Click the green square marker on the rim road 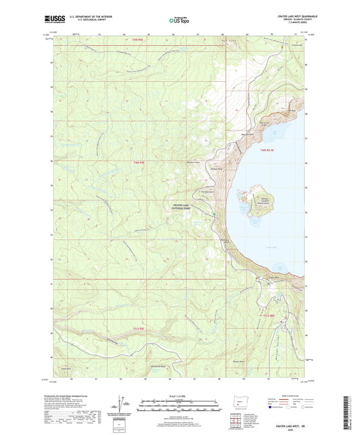click(215, 215)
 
